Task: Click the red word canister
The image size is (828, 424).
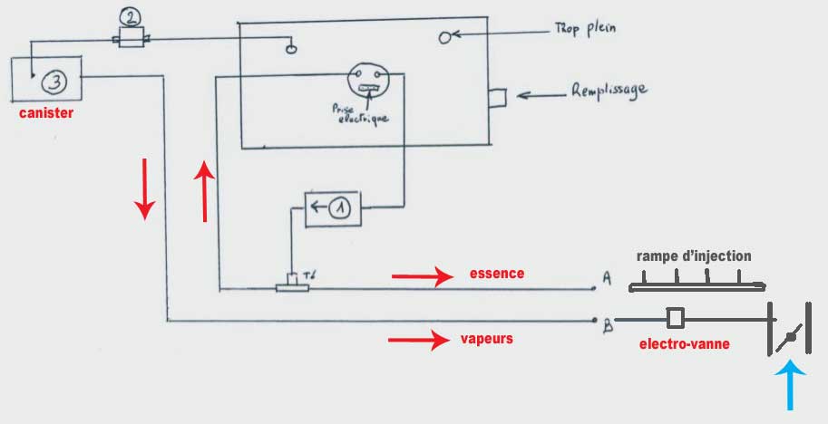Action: (x=46, y=114)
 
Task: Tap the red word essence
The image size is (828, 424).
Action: (x=497, y=273)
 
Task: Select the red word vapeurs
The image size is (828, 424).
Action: (x=487, y=339)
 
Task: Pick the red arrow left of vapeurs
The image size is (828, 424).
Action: (x=419, y=341)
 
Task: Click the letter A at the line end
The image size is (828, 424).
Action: (x=607, y=281)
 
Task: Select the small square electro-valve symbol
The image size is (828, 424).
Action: (x=675, y=317)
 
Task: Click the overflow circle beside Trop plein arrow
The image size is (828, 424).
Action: (x=445, y=37)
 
